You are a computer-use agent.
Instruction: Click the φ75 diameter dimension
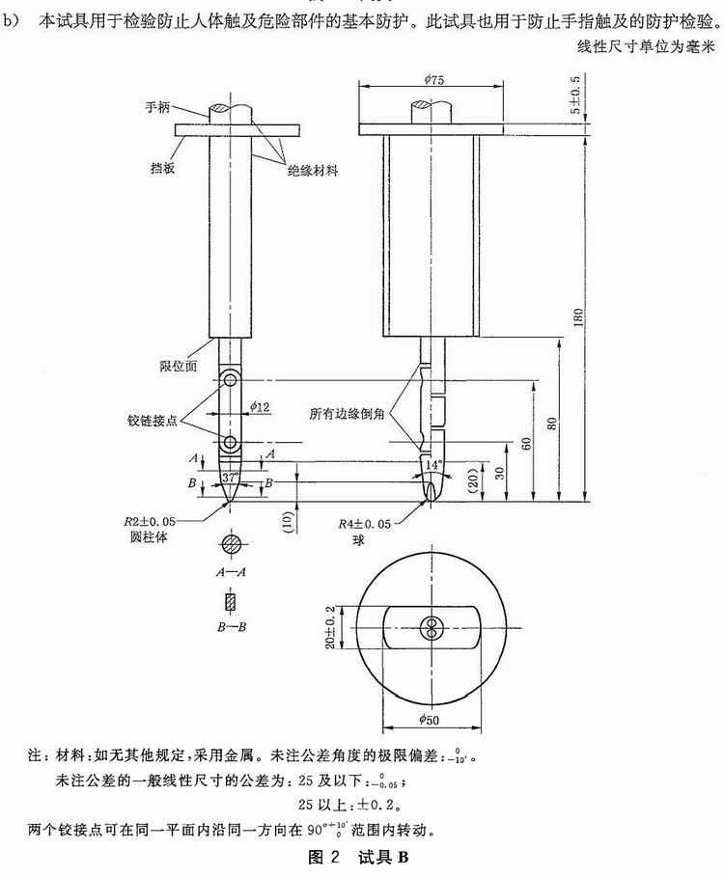point(433,79)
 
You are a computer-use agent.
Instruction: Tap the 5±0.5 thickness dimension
point(575,94)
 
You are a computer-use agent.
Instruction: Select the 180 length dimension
point(578,317)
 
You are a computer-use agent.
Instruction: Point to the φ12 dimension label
point(260,406)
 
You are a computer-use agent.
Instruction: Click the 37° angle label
point(230,479)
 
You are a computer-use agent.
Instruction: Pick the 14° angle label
point(433,465)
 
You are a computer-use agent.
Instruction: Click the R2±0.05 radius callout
point(150,521)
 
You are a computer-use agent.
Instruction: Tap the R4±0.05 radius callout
point(364,524)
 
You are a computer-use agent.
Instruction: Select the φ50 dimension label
point(430,720)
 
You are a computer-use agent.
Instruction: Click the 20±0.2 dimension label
point(330,627)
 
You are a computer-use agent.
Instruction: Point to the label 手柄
point(157,107)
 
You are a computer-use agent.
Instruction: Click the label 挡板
point(163,167)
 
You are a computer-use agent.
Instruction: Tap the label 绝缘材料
point(313,171)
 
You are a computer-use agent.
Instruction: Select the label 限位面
point(179,367)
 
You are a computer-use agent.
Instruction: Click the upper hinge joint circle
point(230,380)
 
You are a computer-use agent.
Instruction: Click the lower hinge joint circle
point(230,443)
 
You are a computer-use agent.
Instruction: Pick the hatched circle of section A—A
point(231,543)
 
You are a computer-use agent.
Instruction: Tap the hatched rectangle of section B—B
point(231,601)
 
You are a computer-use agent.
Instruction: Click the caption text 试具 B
point(383,857)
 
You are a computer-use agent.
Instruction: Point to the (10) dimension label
point(289,522)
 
